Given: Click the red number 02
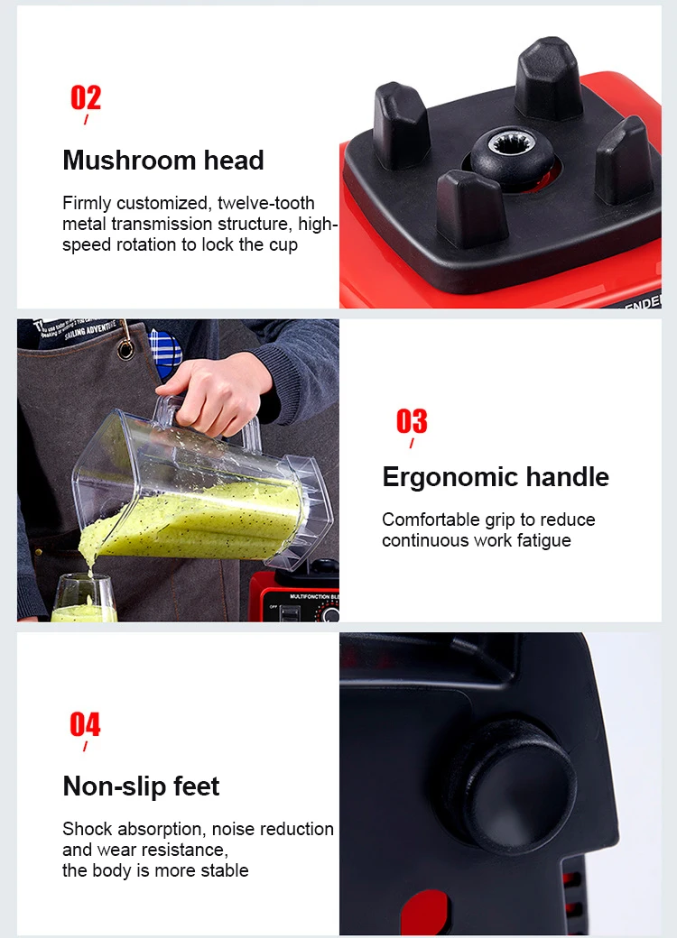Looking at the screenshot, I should point(86,97).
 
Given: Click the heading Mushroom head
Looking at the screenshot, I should point(163,161).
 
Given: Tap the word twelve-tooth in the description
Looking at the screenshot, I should point(266,203).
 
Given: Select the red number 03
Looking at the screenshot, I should point(412,420).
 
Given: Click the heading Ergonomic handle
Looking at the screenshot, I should point(496,477).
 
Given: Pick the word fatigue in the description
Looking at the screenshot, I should point(543,540).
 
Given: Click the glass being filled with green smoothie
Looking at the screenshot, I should point(84,601).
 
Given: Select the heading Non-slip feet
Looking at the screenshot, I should point(141,786).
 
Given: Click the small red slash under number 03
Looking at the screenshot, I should point(412,443).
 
